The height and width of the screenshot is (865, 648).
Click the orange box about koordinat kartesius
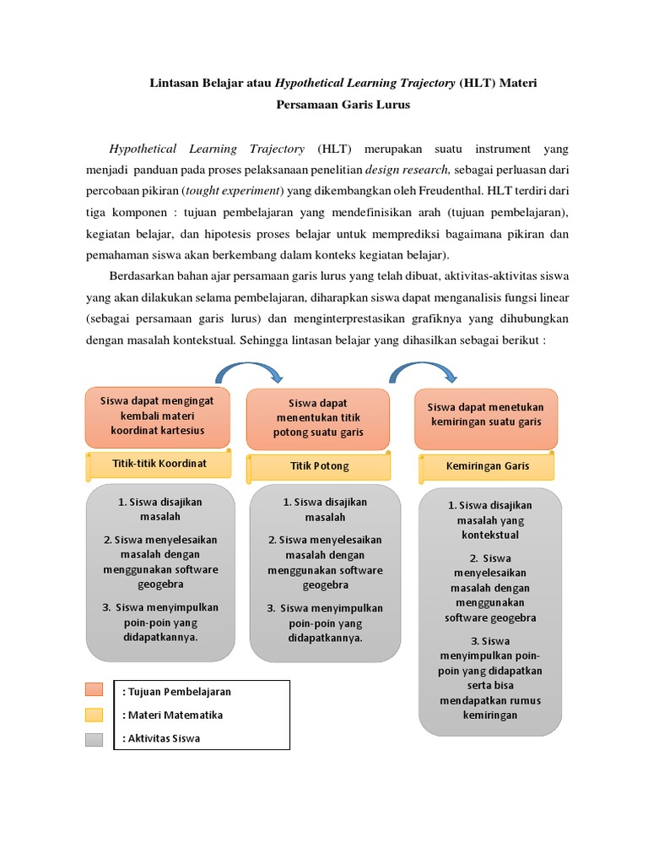point(157,417)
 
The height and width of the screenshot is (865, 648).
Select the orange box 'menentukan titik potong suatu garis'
point(317,418)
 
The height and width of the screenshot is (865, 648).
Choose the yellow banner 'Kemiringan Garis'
point(487,466)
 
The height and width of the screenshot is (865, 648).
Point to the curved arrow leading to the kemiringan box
point(422,370)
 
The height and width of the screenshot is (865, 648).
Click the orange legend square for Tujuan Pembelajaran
point(94,691)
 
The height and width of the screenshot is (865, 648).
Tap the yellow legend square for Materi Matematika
point(94,715)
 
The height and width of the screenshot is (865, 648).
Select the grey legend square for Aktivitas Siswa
point(94,739)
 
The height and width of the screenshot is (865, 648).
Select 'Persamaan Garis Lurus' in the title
point(343,106)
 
